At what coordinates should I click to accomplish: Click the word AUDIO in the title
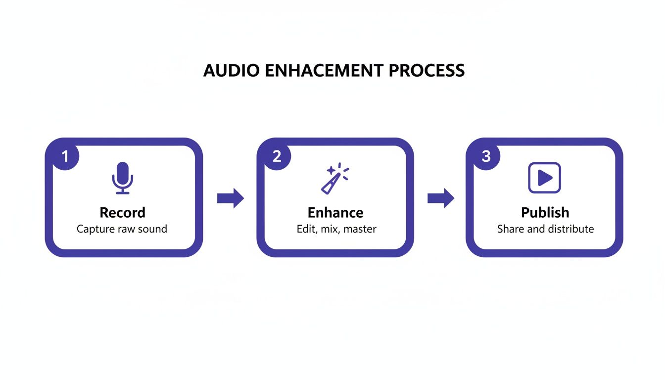[x=231, y=70]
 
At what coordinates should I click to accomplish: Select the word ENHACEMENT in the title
[x=325, y=70]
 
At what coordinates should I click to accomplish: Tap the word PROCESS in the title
[x=427, y=70]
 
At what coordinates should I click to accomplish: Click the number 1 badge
[x=65, y=156]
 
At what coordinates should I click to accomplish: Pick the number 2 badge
[x=277, y=156]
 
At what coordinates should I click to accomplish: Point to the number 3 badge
[x=486, y=156]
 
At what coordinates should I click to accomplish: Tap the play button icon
[x=544, y=178]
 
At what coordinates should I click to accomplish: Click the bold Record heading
[x=122, y=213]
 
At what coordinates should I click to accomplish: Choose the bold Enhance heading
[x=335, y=213]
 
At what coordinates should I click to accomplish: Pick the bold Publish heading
[x=545, y=213]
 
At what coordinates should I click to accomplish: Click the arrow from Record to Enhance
[x=231, y=198]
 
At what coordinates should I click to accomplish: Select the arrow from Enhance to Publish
[x=440, y=198]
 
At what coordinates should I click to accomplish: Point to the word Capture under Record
[x=95, y=229]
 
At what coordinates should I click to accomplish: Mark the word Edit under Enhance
[x=305, y=229]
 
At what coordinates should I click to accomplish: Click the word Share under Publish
[x=509, y=229]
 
